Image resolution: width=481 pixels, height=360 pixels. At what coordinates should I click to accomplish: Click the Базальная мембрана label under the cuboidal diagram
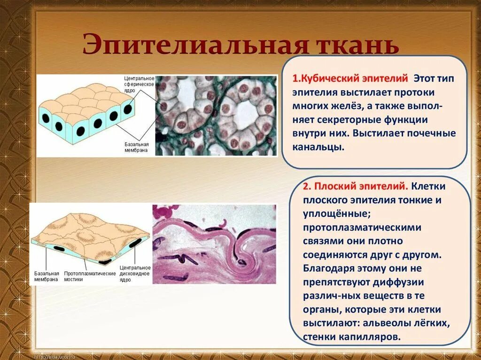137,147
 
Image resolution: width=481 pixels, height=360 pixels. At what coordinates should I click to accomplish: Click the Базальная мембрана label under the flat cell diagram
47,276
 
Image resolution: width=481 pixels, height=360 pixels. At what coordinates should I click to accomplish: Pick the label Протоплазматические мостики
90,276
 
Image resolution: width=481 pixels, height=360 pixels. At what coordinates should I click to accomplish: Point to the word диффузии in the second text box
399,282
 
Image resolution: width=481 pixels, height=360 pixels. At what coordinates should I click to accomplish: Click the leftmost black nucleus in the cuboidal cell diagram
46,117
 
